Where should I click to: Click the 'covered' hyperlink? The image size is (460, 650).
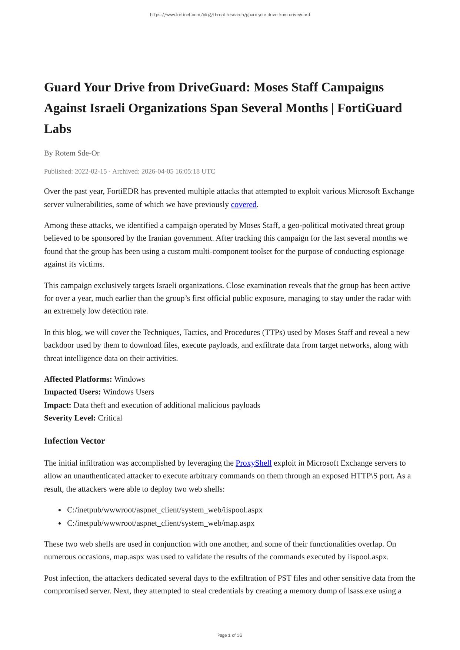click(x=243, y=204)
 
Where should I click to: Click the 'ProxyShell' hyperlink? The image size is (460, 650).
click(x=253, y=463)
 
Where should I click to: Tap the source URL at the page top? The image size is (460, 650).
click(x=230, y=15)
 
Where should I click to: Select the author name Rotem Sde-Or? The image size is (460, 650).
click(x=77, y=153)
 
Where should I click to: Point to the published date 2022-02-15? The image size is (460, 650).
click(x=91, y=171)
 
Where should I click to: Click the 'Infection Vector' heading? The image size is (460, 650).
click(x=74, y=441)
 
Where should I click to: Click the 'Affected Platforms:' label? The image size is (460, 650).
click(x=78, y=379)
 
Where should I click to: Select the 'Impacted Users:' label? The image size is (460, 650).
click(x=72, y=392)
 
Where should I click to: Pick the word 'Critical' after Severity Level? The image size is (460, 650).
click(x=110, y=418)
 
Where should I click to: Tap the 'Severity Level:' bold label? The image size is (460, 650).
click(x=70, y=418)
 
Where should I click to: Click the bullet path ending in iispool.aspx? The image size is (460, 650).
click(x=164, y=510)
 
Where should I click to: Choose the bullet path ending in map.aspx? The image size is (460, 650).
click(x=160, y=523)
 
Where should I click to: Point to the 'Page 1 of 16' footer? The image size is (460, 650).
click(x=230, y=635)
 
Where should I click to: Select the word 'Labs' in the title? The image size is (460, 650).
click(x=57, y=129)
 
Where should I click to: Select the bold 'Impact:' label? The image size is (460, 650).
click(x=57, y=405)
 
